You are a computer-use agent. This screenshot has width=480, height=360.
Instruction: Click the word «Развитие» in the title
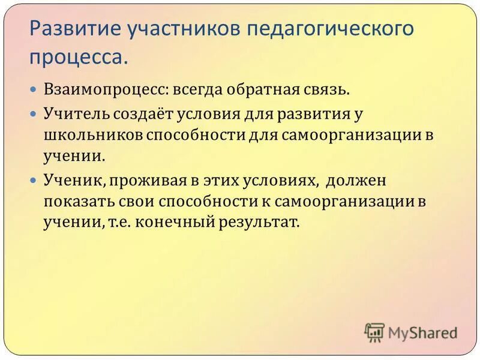click(x=68, y=29)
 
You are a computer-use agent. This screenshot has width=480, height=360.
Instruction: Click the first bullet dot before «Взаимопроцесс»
click(x=34, y=89)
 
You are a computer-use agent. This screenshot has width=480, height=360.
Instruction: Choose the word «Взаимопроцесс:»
click(x=106, y=90)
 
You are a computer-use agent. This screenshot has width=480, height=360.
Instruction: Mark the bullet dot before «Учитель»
click(x=34, y=112)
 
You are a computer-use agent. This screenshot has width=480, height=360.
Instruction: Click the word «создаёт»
click(x=136, y=113)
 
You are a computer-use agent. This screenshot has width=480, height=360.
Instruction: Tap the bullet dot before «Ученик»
click(x=34, y=179)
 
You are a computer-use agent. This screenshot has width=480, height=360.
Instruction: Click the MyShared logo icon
click(x=374, y=332)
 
